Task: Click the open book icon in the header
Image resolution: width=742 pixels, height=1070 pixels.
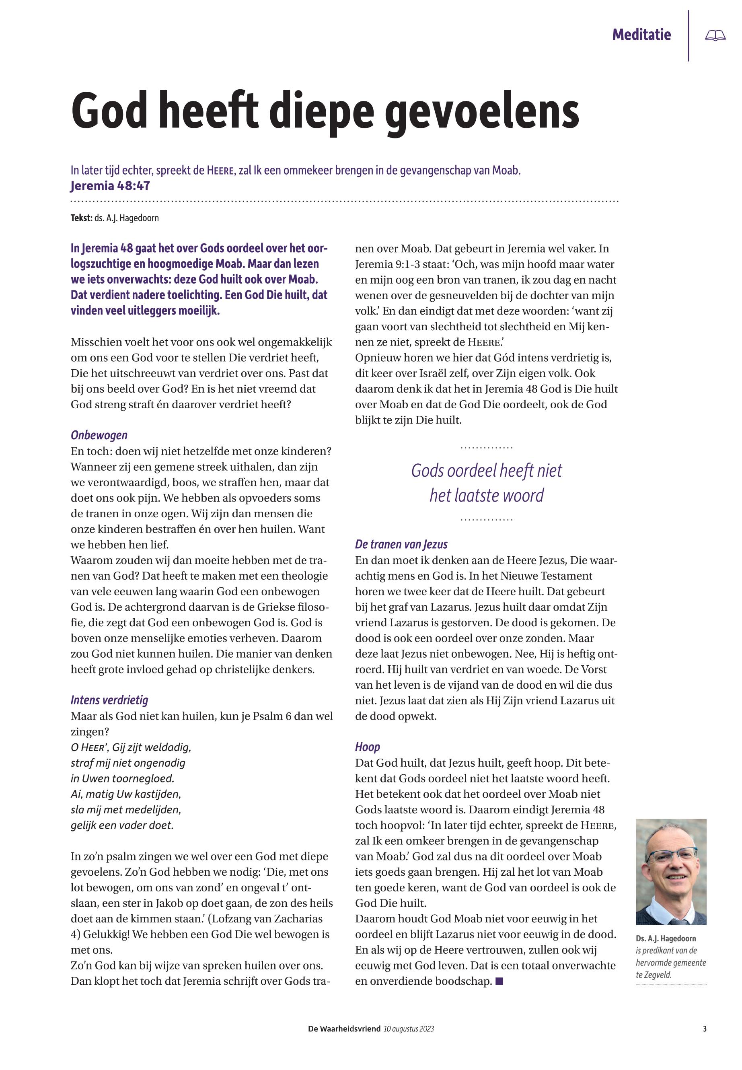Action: point(715,36)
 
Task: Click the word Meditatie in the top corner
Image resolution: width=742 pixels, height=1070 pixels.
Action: point(641,35)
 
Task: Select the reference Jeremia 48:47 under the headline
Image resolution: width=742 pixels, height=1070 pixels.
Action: point(110,186)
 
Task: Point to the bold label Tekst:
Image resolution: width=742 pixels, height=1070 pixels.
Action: point(81,218)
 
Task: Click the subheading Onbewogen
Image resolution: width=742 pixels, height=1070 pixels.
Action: point(99,435)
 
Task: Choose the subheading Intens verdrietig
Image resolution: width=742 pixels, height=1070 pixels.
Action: point(109,700)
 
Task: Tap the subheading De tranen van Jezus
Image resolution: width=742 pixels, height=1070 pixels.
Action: point(401,544)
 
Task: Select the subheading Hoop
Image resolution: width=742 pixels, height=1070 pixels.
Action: point(367,747)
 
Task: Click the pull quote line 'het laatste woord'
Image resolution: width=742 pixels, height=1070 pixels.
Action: point(486,495)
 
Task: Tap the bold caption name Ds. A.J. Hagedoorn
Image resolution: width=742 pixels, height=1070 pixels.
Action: point(666,939)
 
